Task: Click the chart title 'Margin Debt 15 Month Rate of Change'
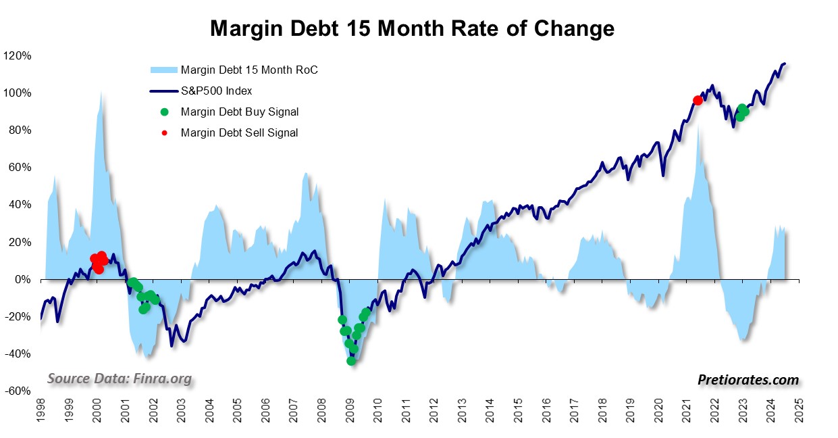point(412,29)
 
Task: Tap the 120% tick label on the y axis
point(19,55)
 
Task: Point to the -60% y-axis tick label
point(19,391)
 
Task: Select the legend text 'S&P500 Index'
point(217,91)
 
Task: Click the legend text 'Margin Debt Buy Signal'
point(239,112)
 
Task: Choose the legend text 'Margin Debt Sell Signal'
point(239,132)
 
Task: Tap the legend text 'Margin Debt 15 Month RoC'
point(249,70)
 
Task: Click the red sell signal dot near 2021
point(698,100)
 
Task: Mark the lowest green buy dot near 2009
point(351,361)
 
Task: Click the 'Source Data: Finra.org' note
point(120,379)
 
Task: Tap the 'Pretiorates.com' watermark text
point(748,381)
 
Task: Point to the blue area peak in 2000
point(101,92)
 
